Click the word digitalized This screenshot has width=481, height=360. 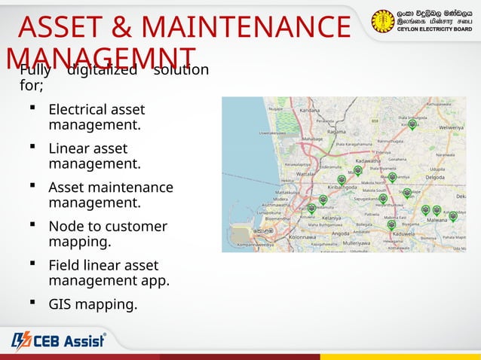102,70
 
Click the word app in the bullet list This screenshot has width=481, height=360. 156,281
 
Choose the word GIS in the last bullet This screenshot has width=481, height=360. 61,305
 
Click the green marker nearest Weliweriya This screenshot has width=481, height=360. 412,126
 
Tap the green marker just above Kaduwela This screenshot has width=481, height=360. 391,224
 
